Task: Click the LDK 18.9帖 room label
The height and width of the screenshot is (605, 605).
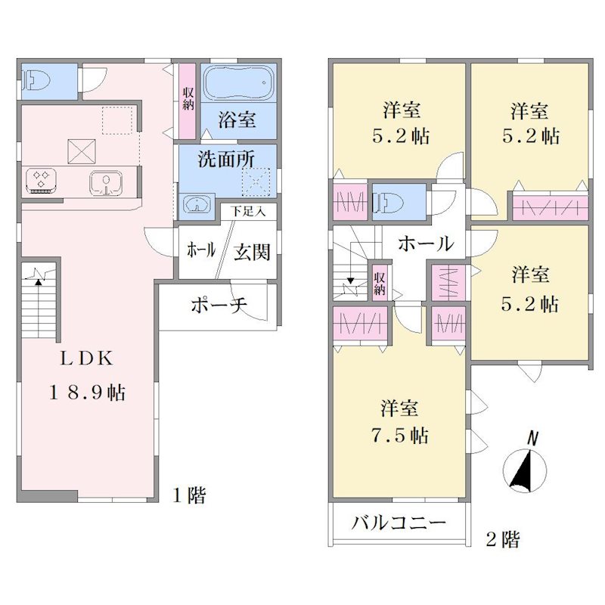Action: [x=86, y=375]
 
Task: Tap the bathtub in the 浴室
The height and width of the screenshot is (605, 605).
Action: [x=238, y=82]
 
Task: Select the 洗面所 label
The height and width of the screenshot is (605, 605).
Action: [x=226, y=159]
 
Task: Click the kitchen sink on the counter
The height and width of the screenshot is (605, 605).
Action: [x=106, y=182]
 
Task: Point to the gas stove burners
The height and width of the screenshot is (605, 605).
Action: [x=41, y=180]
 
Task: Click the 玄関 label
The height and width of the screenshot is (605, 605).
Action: [x=253, y=253]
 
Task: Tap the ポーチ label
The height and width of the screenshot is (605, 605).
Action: [x=219, y=306]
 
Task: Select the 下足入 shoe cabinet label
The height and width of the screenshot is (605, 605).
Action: [x=249, y=212]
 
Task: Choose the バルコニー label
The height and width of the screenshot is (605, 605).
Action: [x=399, y=523]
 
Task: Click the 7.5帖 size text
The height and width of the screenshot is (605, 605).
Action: [x=400, y=436]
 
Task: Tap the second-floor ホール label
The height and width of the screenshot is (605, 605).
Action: [x=426, y=244]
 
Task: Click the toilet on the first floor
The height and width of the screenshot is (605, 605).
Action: [x=37, y=82]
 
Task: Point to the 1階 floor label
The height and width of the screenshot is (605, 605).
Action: [x=189, y=495]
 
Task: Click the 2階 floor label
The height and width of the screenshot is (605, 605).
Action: [x=503, y=538]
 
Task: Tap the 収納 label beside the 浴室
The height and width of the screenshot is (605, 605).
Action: [x=188, y=98]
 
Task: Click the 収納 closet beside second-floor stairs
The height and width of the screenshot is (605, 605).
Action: [x=380, y=283]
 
